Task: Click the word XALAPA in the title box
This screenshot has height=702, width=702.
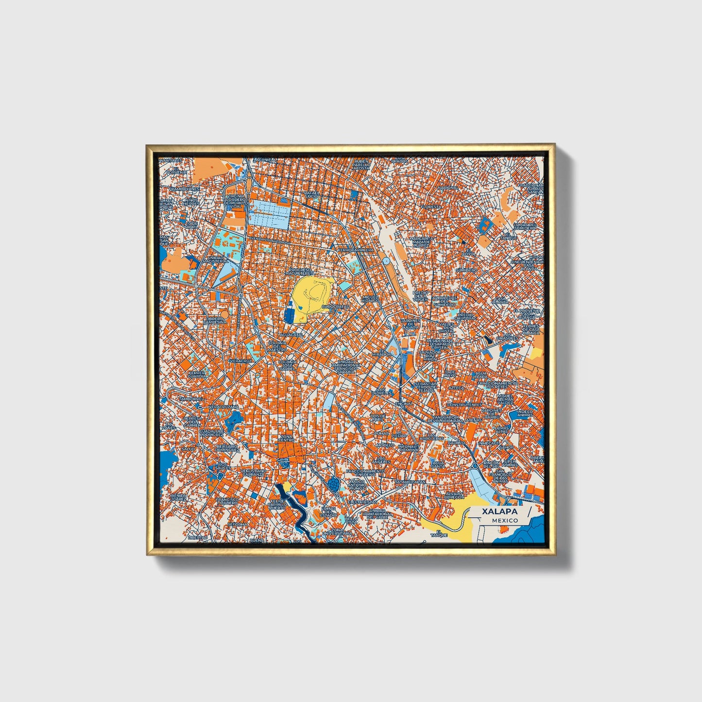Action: [499, 512]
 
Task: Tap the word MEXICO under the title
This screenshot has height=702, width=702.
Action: [504, 520]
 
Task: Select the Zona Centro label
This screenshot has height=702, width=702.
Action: [286, 439]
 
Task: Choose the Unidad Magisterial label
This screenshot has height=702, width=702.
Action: [217, 259]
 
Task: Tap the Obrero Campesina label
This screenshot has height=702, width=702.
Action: [215, 320]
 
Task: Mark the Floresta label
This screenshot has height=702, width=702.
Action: [432, 206]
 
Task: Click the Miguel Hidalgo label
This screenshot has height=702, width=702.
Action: [370, 299]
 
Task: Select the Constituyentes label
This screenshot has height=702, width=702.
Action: [464, 404]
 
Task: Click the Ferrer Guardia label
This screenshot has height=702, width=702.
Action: [197, 375]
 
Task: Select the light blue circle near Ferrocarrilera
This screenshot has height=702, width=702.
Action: [386, 261]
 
